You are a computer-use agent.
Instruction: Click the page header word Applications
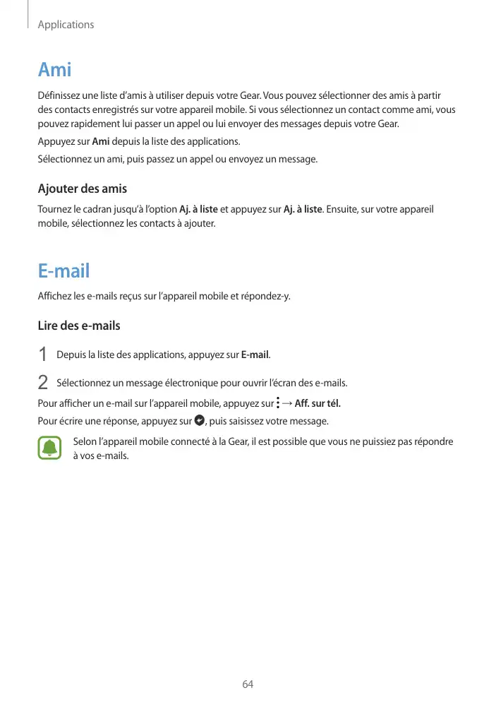point(66,25)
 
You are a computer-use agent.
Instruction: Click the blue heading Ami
point(54,71)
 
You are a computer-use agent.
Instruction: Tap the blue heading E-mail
point(63,271)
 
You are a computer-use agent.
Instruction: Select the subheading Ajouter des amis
point(82,189)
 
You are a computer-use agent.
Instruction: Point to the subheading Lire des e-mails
point(78,326)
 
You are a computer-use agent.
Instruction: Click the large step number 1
point(43,354)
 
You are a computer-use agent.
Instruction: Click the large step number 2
point(43,383)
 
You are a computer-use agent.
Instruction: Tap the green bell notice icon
point(49,448)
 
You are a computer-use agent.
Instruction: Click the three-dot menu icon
point(278,403)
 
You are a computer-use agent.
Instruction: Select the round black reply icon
point(199,421)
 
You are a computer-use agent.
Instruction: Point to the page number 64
point(248,684)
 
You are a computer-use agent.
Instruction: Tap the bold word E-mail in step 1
point(255,354)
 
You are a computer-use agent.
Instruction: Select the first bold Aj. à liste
point(199,210)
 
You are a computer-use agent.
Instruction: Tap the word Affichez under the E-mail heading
point(54,295)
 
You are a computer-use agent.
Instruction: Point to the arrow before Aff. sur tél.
point(288,403)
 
